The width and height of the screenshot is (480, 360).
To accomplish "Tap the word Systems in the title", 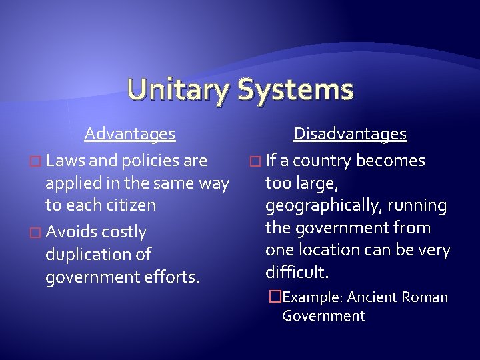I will point(295,91).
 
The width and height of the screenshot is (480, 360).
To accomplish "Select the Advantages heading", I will point(130,134).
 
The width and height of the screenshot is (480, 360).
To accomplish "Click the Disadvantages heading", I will point(350,134).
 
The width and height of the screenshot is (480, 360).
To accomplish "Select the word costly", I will point(123,232).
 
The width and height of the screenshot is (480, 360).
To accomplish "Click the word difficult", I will point(297,272).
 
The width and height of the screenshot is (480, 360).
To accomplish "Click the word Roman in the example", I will point(425,297).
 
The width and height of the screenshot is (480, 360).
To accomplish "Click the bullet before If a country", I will point(252,161).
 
